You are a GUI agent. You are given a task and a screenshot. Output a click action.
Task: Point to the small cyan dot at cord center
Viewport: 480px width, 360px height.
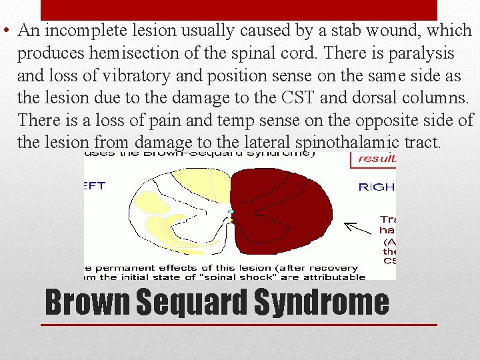pos(231,211)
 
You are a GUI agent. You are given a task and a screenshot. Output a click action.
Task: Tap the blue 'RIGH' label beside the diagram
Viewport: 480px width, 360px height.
pos(376,187)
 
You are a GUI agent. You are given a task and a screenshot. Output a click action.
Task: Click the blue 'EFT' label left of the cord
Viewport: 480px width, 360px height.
pos(94,186)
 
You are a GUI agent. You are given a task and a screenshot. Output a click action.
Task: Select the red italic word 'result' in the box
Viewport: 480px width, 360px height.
pos(376,159)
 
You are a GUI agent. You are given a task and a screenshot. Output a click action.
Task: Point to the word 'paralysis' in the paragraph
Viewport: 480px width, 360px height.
pos(423,53)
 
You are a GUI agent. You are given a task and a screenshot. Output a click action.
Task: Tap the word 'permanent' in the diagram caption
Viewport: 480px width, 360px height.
pos(128,267)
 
